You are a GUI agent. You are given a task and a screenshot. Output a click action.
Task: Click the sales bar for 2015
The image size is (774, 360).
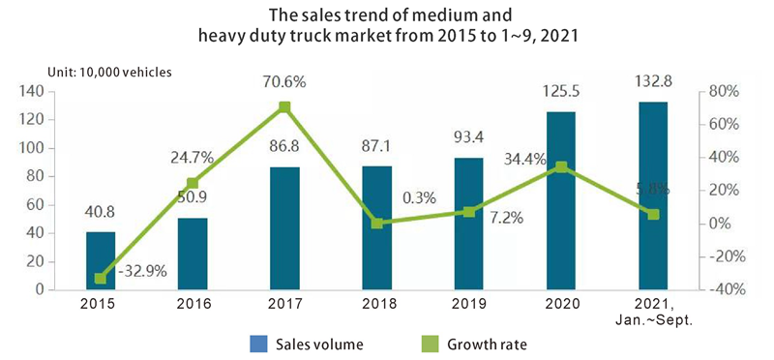(x=100, y=260)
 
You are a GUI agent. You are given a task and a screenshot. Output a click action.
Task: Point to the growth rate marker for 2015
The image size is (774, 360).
(x=100, y=279)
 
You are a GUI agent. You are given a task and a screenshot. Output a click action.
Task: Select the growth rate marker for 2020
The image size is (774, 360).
(x=560, y=166)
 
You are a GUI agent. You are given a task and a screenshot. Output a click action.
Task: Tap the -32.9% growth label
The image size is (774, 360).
(x=142, y=271)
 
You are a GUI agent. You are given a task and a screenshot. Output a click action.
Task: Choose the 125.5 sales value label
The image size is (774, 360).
(x=560, y=96)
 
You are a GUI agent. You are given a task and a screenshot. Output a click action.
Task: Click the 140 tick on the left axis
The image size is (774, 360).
(x=32, y=92)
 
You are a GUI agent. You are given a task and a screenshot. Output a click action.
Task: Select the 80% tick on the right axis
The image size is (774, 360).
(x=724, y=92)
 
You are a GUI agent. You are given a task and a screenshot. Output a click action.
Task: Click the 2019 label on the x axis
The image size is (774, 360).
(x=468, y=304)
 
